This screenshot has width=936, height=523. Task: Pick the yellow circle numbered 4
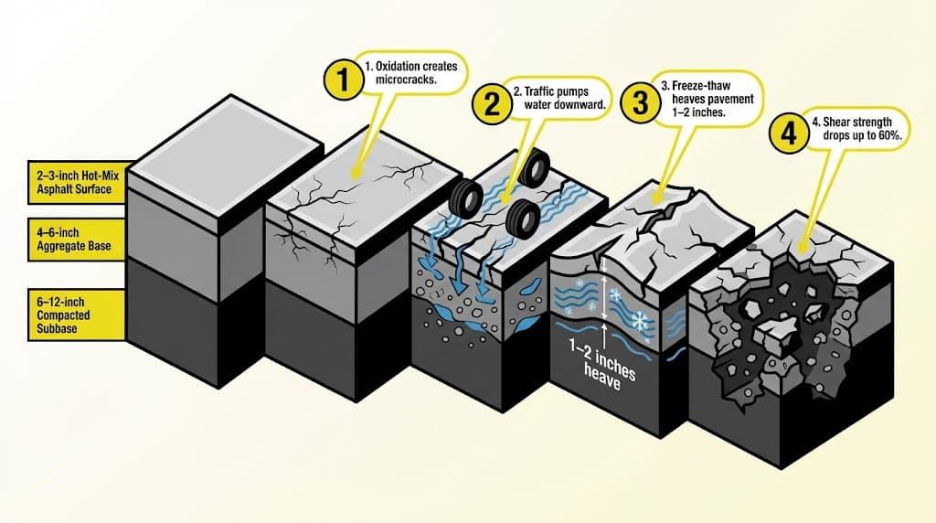[x=787, y=133]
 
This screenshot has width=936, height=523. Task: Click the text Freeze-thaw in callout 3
[x=693, y=85]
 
